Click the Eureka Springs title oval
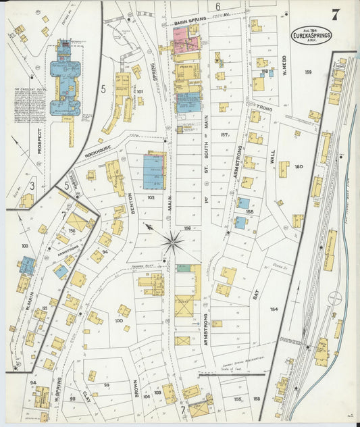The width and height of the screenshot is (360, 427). (x=311, y=34)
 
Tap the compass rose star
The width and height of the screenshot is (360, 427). (x=174, y=241)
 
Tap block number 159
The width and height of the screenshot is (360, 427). (x=308, y=72)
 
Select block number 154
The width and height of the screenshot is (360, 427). (x=274, y=309)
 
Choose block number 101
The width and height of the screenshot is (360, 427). (x=140, y=91)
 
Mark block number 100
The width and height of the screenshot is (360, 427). (x=118, y=320)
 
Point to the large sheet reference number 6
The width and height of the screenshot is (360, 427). (x=218, y=7)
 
